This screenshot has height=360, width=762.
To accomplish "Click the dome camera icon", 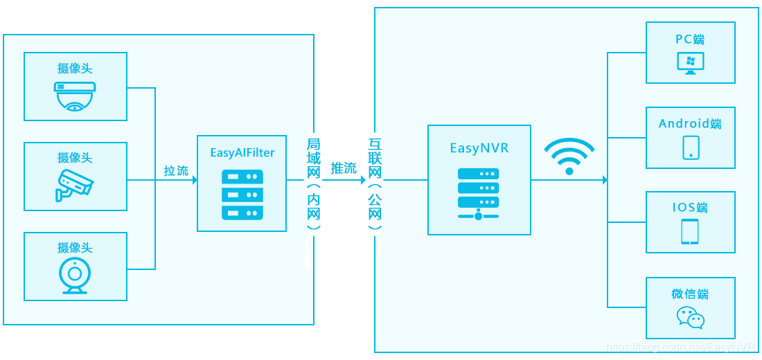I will (x=75, y=96).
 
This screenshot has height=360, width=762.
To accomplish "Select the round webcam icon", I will (x=75, y=276).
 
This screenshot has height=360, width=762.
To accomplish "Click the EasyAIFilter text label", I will (x=242, y=152).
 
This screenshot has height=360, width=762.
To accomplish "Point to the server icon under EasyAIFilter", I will (x=242, y=195).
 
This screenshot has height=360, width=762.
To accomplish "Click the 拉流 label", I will (x=176, y=170).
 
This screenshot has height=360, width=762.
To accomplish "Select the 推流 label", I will (x=344, y=168).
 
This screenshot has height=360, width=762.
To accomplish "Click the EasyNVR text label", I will (x=479, y=148).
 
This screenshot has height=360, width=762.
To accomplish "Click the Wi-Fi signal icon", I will (x=569, y=156).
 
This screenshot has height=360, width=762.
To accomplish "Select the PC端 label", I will (x=691, y=39).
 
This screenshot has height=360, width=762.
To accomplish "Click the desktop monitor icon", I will (x=691, y=63).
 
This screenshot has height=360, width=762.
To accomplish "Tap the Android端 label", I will (x=690, y=124).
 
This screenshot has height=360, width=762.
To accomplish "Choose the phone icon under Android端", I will (x=691, y=147).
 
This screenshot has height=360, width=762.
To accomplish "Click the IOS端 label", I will (x=690, y=208).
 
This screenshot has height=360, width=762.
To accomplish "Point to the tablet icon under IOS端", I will (x=690, y=232).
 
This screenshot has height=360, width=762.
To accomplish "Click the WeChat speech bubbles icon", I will (x=690, y=318).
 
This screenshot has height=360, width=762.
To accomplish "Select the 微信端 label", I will (x=690, y=294).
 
